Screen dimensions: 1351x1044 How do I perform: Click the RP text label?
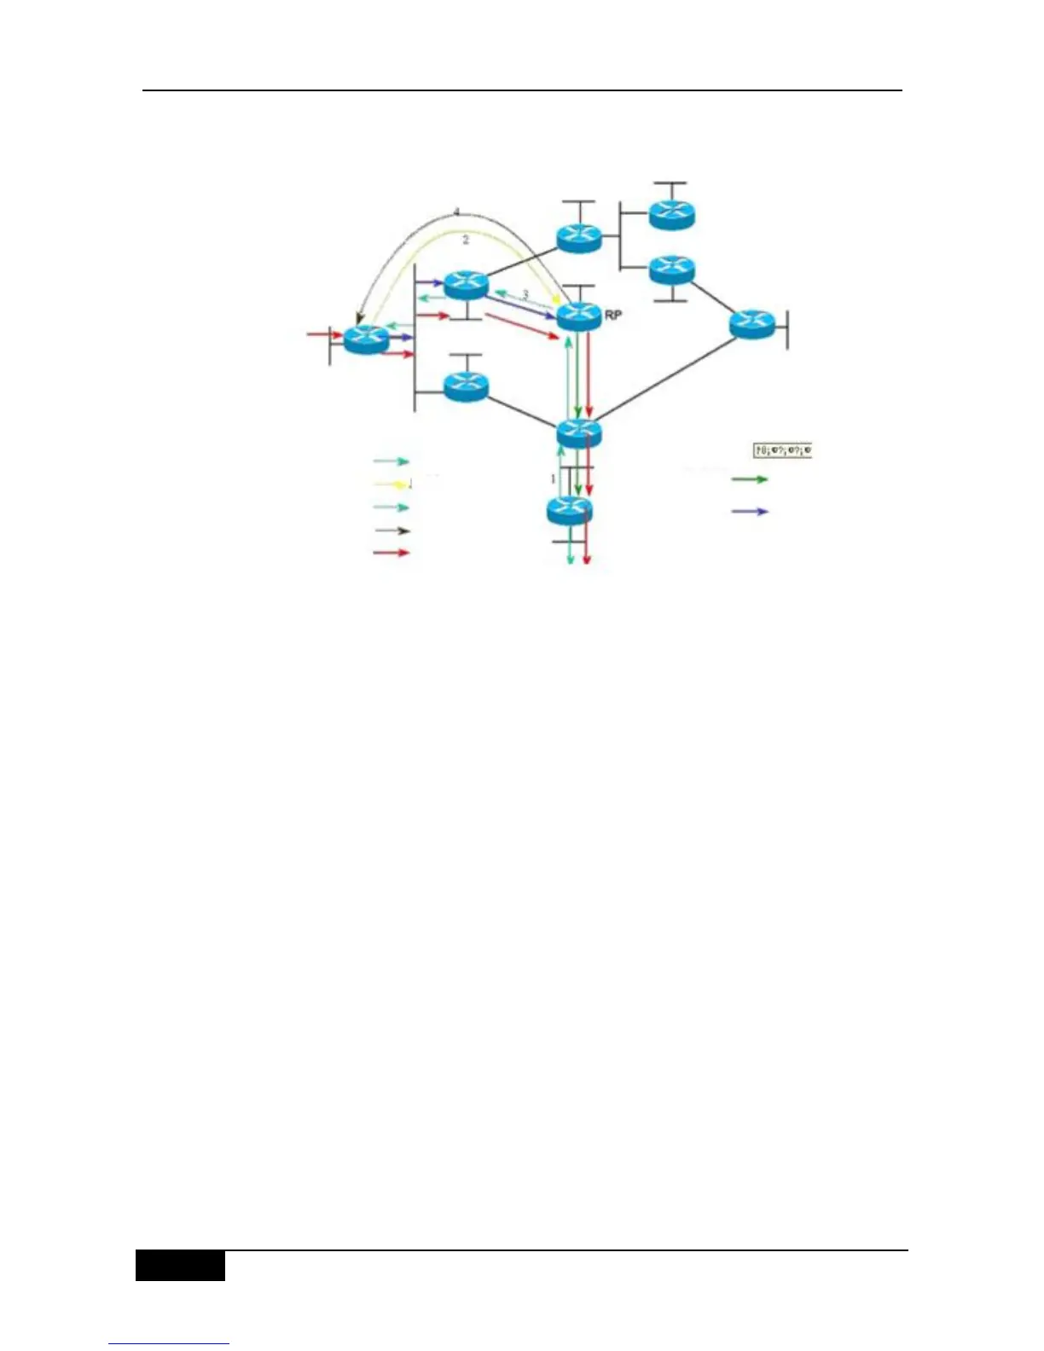click(x=612, y=315)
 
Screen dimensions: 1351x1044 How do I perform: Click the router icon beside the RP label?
click(x=579, y=316)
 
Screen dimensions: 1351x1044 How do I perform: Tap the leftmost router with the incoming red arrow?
click(x=366, y=339)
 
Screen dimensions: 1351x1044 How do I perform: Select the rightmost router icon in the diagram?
click(x=752, y=324)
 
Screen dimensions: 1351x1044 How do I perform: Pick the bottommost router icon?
click(x=569, y=510)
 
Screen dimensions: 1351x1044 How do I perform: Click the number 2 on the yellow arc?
click(x=466, y=241)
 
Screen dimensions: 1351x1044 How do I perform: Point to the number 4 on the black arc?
click(x=456, y=212)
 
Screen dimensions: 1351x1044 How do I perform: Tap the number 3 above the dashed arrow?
click(x=525, y=294)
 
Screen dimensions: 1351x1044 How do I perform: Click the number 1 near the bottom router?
click(x=553, y=478)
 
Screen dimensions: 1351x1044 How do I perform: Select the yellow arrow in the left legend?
click(x=392, y=484)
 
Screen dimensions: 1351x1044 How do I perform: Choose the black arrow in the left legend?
click(x=392, y=531)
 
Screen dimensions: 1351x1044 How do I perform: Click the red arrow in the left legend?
click(x=392, y=553)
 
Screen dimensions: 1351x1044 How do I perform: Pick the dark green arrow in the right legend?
click(x=750, y=479)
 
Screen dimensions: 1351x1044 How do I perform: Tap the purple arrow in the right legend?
click(x=750, y=512)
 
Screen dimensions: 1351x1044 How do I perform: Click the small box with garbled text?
click(x=782, y=449)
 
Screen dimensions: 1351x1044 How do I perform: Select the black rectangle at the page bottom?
click(x=180, y=1266)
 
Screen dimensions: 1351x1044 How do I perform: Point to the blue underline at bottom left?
click(x=169, y=1344)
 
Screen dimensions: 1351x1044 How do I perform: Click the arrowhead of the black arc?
click(x=360, y=319)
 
